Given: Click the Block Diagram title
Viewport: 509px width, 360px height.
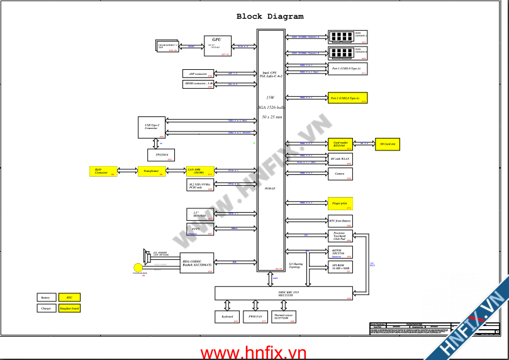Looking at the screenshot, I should (269, 16).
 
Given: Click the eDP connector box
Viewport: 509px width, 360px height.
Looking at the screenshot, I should (198, 74).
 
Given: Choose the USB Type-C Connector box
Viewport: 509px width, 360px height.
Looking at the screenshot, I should (151, 127).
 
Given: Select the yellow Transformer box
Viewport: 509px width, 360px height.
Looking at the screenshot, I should (151, 171).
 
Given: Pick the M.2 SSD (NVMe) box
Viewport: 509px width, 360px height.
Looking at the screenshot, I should (200, 185).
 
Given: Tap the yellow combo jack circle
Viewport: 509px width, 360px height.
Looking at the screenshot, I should (140, 267).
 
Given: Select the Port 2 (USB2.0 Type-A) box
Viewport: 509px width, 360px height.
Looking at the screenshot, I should (348, 98).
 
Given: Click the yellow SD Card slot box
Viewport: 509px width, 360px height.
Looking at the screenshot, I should (388, 144).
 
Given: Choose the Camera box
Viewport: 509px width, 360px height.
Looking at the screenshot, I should (340, 174).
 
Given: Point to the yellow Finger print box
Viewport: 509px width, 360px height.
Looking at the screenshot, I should (340, 203).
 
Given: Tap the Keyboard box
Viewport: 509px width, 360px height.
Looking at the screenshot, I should (227, 317).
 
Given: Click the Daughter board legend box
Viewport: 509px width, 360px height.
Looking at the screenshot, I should (69, 308).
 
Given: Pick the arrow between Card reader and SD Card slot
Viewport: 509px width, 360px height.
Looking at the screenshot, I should (364, 144).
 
